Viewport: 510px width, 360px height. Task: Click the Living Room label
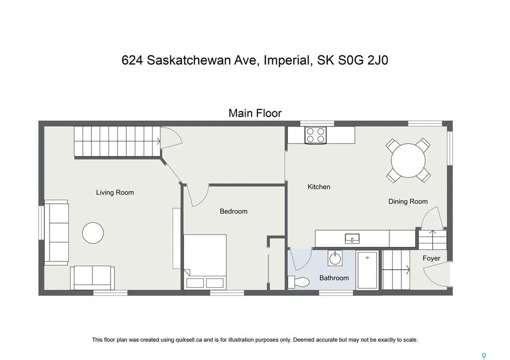pos(115,192)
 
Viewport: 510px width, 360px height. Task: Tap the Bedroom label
pos(234,211)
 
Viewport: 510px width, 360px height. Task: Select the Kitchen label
pos(319,187)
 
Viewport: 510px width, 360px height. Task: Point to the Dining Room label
pos(408,201)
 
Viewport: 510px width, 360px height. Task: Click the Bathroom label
pos(334,278)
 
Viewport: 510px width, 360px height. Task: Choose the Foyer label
pos(431,258)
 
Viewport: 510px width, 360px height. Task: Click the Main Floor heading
pos(255,113)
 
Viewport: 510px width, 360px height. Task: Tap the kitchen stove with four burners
pos(315,135)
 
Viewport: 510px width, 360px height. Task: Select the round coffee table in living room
pos(93,233)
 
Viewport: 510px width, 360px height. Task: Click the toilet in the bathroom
pos(300,281)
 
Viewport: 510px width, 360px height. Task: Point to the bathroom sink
pos(335,258)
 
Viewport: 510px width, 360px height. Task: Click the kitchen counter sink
pos(353,238)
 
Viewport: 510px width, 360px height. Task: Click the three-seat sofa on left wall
pos(56,232)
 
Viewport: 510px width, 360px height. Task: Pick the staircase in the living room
pos(117,140)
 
